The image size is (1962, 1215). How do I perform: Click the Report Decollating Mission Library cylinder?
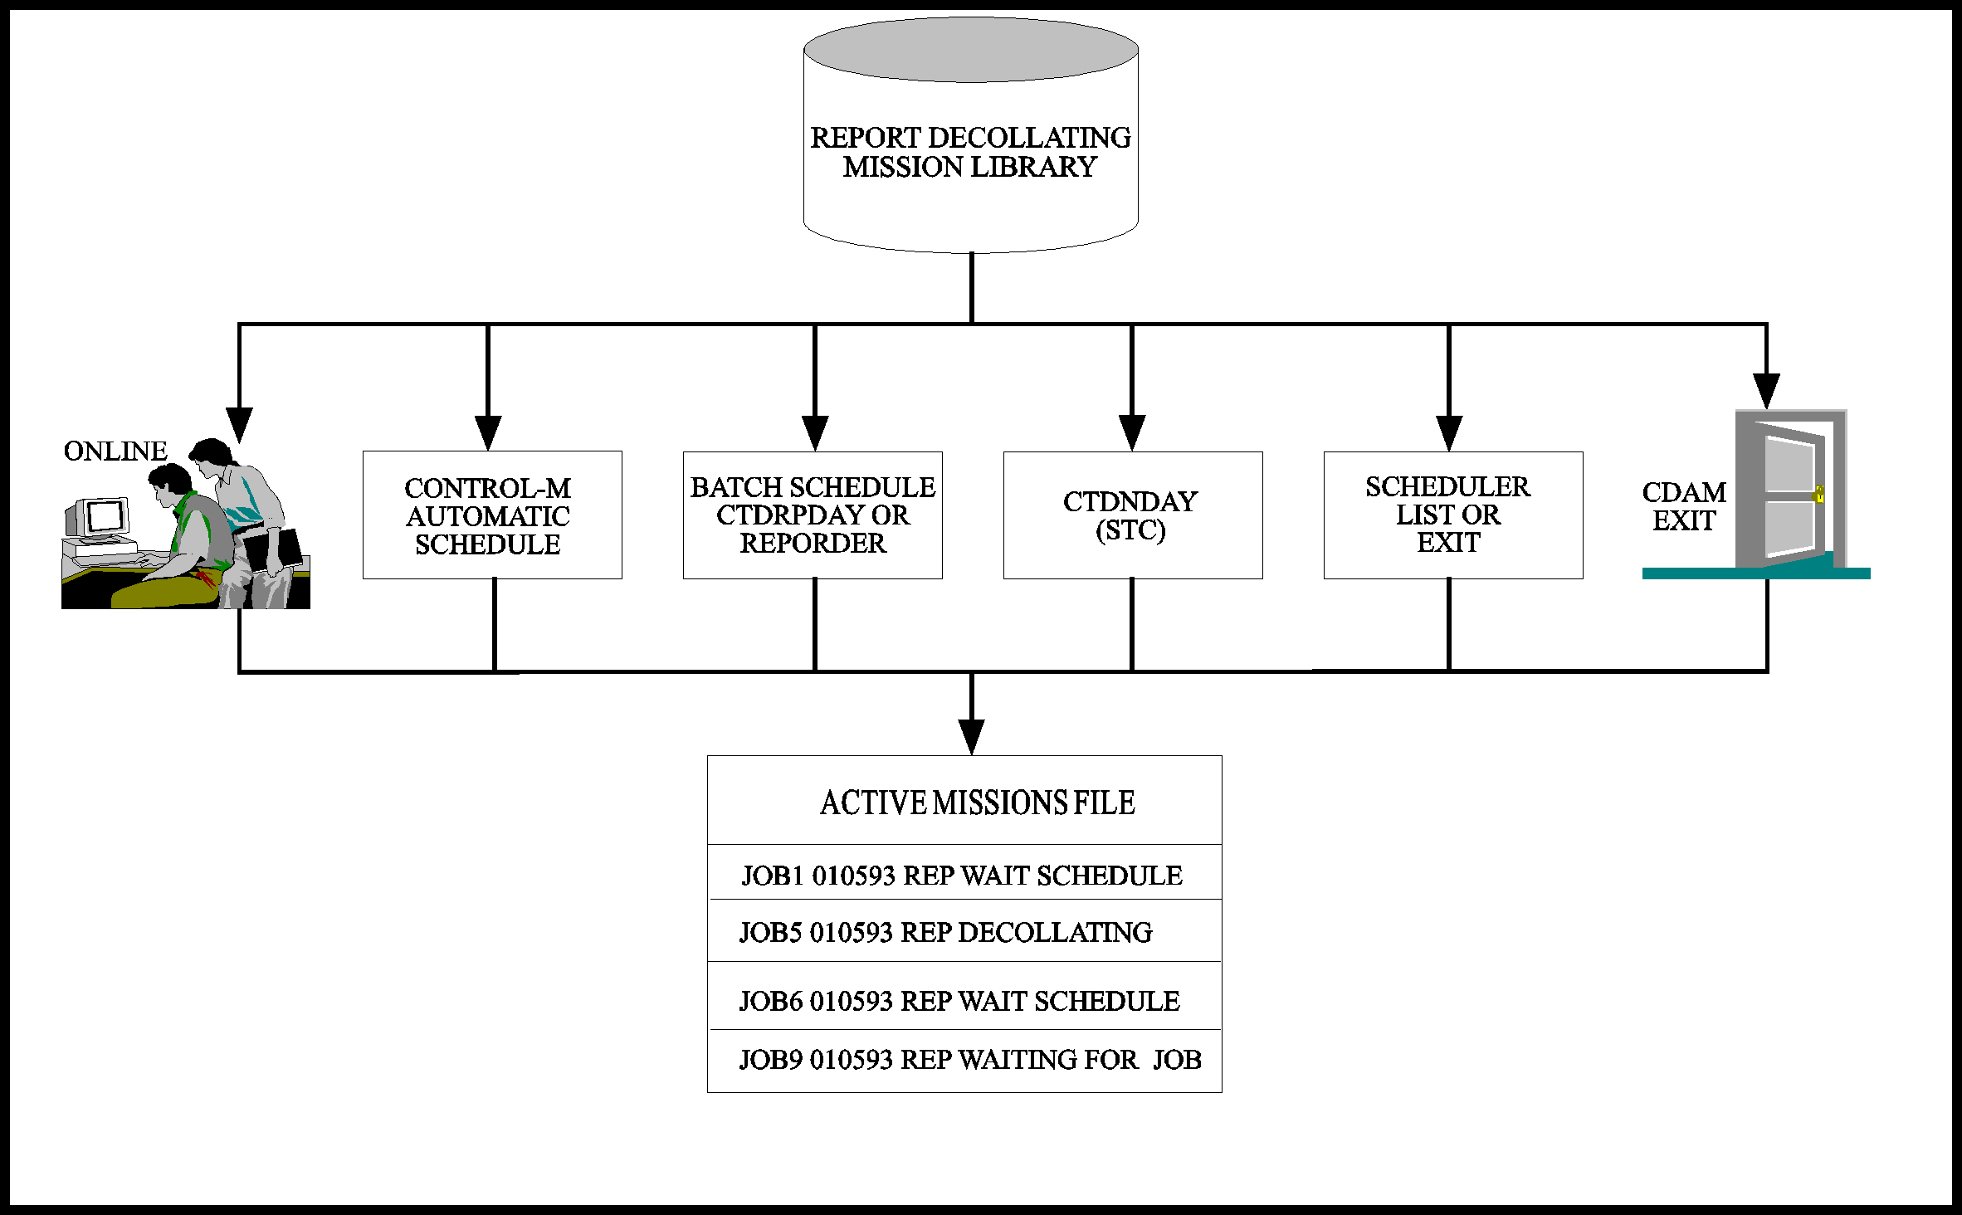[x=971, y=135]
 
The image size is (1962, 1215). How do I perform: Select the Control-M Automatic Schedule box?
[x=492, y=515]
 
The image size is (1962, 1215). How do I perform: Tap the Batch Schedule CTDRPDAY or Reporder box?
[x=813, y=515]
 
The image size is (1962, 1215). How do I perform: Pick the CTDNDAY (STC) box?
[x=1133, y=515]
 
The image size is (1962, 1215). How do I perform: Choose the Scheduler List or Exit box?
[x=1453, y=515]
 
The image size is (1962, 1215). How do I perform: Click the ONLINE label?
[x=115, y=451]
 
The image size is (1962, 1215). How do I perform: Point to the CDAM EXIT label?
[x=1684, y=506]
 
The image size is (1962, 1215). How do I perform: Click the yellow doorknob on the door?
[x=1819, y=494]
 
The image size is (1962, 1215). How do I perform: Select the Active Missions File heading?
[x=977, y=803]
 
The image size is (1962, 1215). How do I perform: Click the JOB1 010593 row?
[x=961, y=876]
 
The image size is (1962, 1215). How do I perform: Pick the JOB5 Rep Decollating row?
[x=945, y=932]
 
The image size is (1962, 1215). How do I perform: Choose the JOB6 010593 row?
[x=959, y=1001]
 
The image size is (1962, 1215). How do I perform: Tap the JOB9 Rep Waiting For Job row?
[x=970, y=1060]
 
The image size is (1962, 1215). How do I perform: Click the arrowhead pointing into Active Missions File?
[x=972, y=737]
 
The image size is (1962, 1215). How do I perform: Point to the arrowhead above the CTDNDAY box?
[x=1132, y=433]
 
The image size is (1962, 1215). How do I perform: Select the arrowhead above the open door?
[x=1766, y=391]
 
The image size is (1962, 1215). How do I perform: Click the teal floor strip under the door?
[x=1756, y=573]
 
